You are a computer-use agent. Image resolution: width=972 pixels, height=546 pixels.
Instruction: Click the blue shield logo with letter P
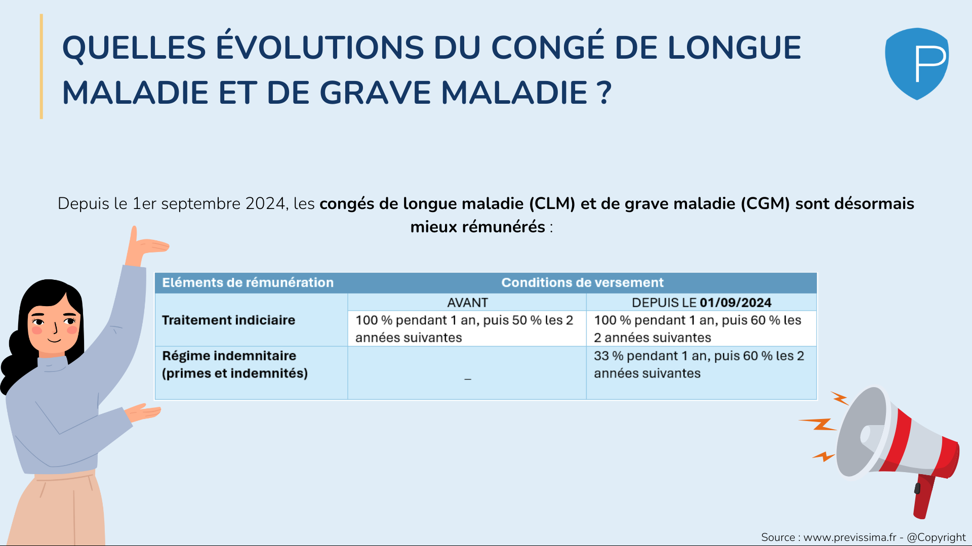[917, 64]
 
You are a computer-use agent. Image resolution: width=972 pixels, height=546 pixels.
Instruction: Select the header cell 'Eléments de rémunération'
[248, 282]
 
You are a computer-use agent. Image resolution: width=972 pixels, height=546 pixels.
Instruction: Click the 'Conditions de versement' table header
[582, 282]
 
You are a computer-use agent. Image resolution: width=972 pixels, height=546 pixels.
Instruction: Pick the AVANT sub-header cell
[467, 303]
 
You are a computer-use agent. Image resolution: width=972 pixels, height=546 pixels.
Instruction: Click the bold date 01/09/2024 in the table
[736, 303]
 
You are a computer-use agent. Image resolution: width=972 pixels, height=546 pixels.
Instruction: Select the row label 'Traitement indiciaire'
[228, 320]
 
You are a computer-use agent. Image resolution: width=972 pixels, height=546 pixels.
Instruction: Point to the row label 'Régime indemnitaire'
[229, 356]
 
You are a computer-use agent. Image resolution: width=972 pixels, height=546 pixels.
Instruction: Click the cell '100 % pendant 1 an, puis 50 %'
[464, 329]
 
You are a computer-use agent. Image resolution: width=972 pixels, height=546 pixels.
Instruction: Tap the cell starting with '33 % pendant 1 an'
[699, 364]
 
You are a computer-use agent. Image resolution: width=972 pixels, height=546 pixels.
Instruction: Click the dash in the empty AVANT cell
[468, 379]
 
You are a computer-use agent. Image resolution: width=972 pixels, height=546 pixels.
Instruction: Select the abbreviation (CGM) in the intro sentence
[765, 203]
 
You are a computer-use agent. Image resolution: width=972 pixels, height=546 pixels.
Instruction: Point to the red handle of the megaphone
[924, 496]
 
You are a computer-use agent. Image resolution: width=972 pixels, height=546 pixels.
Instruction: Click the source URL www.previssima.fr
[849, 537]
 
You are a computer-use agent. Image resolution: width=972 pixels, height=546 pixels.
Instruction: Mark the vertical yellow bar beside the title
[42, 66]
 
